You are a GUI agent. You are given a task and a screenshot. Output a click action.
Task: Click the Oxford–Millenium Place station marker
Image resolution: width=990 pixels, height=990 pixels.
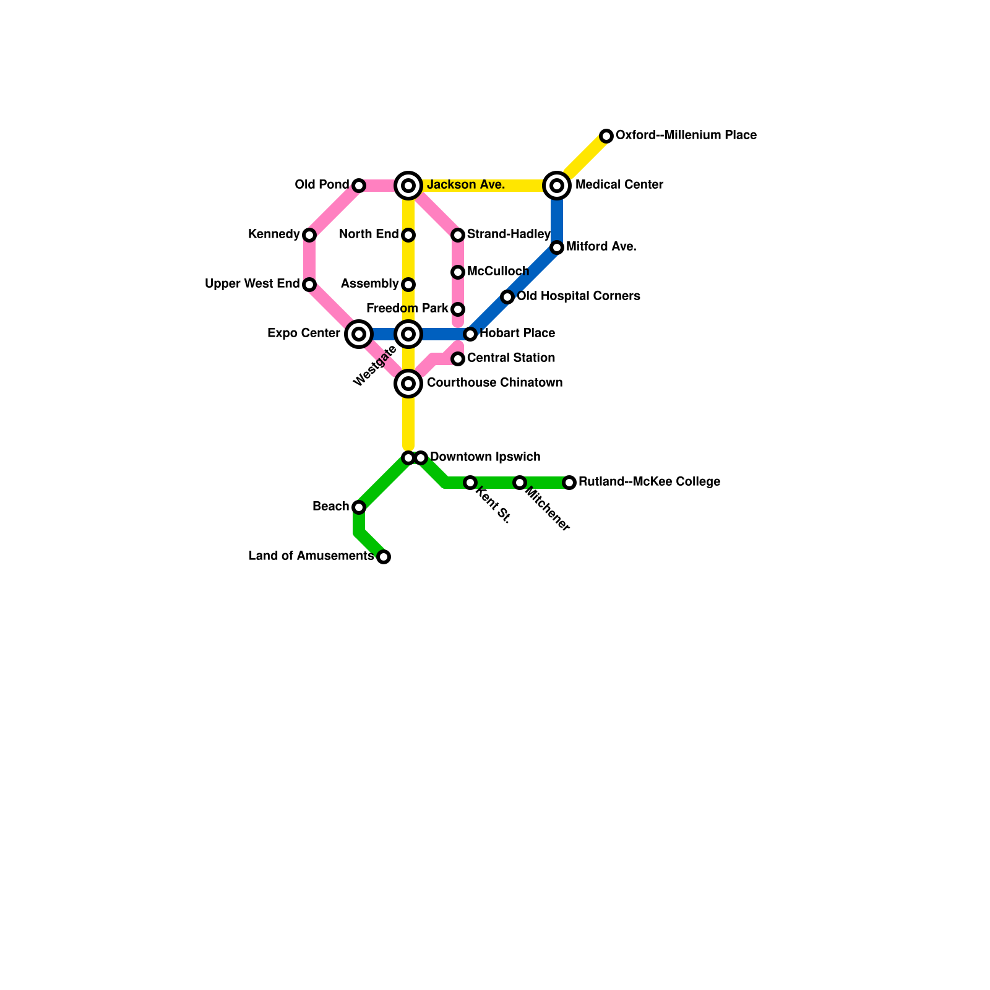coord(606,136)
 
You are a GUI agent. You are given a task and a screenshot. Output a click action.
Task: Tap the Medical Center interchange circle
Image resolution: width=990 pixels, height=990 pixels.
coord(557,186)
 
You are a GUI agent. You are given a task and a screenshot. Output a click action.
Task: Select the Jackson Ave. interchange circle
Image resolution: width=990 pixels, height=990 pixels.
coord(408,186)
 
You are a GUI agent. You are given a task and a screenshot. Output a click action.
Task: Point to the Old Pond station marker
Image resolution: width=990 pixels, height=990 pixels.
coord(359,186)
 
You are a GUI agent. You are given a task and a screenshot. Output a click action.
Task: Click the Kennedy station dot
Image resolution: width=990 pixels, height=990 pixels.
coord(309,235)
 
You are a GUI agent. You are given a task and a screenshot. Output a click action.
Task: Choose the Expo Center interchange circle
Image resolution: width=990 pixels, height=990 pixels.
coord(359,334)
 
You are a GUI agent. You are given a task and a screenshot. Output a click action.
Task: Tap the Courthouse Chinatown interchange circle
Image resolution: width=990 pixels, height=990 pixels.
coord(408,384)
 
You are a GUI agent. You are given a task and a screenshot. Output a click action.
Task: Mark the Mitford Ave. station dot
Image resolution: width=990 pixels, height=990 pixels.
coord(557,247)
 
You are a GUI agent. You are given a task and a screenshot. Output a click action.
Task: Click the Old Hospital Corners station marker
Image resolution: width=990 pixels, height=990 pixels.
coord(507,297)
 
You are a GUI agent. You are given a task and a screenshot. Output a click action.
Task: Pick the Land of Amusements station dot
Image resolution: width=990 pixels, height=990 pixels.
coord(384,557)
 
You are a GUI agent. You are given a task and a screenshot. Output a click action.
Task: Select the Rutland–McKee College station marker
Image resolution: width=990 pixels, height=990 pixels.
coord(569,483)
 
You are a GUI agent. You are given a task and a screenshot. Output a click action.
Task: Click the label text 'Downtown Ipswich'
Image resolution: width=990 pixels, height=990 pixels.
coord(485,457)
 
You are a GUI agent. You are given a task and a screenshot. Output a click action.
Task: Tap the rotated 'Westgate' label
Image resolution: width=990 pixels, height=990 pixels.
coord(375,366)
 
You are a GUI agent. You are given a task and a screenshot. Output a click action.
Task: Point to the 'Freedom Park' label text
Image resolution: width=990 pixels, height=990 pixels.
coord(407,309)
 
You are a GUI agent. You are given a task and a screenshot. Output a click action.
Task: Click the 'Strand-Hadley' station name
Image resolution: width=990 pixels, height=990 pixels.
coord(509,235)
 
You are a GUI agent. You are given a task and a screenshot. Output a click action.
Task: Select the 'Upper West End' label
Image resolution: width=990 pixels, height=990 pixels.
coord(252,284)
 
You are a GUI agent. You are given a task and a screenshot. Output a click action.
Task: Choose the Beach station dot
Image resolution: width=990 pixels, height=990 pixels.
coord(359,507)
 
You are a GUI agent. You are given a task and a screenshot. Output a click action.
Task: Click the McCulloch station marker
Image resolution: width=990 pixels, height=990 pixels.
coord(458,272)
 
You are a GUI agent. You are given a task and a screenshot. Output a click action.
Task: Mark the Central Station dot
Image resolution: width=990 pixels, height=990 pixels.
coord(458,359)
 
